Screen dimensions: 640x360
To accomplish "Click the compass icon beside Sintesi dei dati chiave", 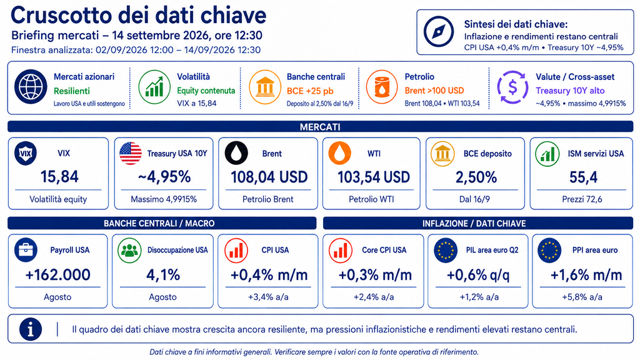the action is click(x=439, y=31).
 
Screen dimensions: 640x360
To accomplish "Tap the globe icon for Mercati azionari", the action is click(x=31, y=86).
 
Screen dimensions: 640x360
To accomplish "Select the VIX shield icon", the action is click(x=26, y=154).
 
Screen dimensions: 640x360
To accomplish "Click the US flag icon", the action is click(x=131, y=154).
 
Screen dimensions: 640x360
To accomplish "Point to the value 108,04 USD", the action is click(x=269, y=177).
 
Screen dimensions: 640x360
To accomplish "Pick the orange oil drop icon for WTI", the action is click(x=340, y=154).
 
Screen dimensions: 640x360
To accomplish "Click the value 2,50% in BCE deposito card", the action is click(x=476, y=177).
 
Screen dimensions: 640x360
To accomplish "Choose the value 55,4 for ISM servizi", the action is click(x=583, y=177).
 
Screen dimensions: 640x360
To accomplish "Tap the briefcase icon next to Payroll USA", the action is click(x=26, y=250).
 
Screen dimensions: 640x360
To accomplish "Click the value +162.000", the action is click(x=57, y=275).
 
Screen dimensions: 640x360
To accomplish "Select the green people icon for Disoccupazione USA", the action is click(x=129, y=250).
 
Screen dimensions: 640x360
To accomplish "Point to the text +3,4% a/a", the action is click(x=268, y=297).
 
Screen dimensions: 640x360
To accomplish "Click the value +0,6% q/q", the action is click(x=478, y=275).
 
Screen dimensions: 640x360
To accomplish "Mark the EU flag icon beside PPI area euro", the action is click(x=549, y=250).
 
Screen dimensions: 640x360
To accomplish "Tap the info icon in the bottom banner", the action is click(x=31, y=329).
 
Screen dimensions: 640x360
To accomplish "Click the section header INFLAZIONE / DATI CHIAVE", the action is click(x=474, y=224).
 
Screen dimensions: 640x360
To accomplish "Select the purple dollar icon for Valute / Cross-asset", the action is click(x=512, y=87).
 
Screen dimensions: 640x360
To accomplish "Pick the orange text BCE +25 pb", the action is click(x=310, y=91).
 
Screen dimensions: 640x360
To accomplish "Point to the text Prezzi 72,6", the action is click(x=582, y=199).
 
